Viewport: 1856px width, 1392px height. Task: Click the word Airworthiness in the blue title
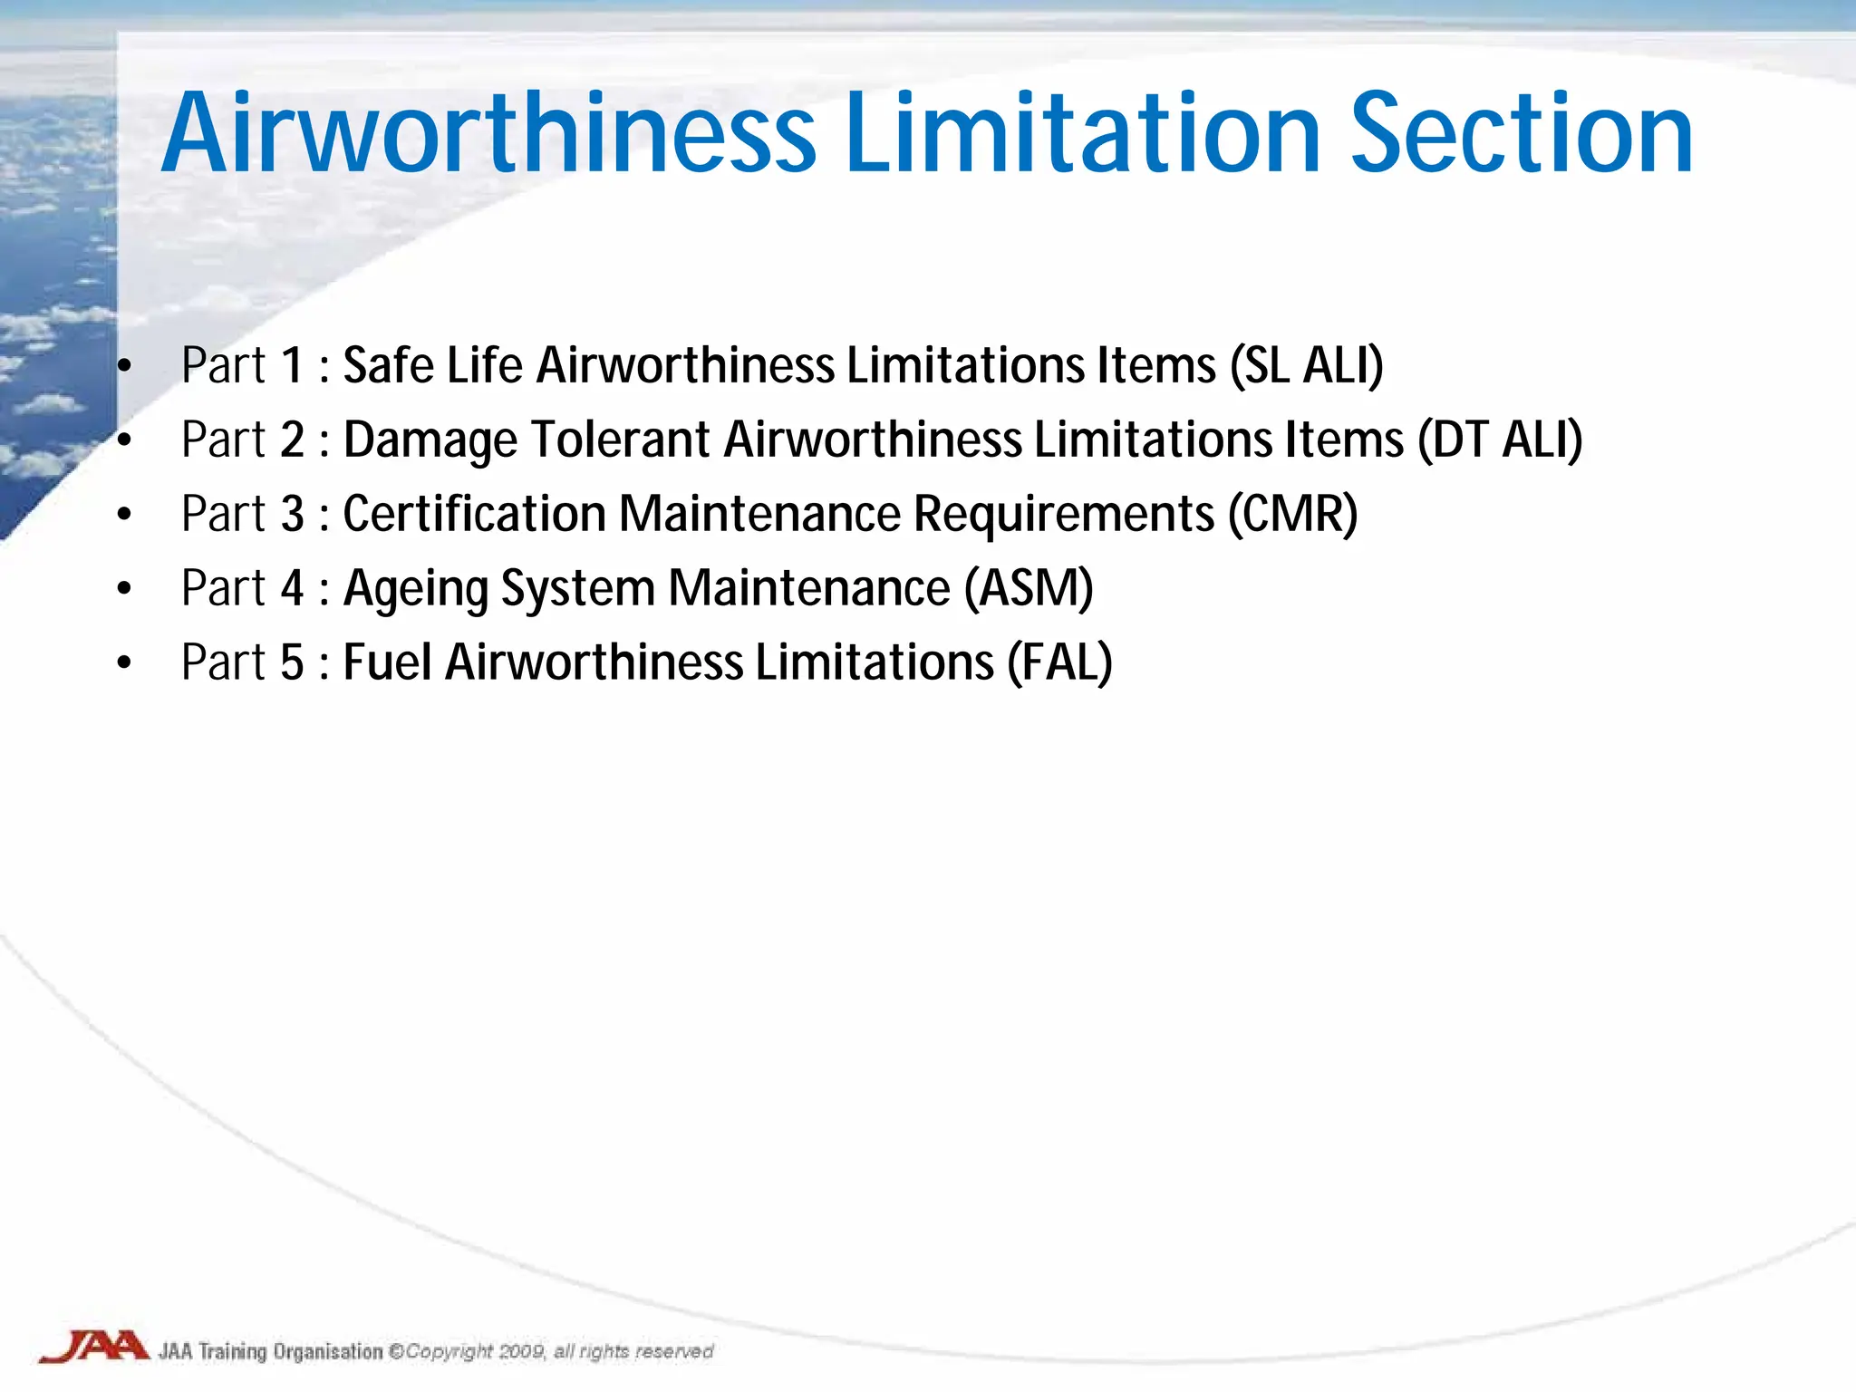pyautogui.click(x=489, y=134)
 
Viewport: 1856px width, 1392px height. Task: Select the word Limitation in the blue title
pyautogui.click(x=1083, y=134)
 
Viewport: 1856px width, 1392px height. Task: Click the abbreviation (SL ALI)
pyautogui.click(x=1306, y=366)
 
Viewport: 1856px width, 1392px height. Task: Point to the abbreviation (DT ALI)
pyautogui.click(x=1500, y=440)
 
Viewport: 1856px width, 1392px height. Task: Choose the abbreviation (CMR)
pyautogui.click(x=1293, y=515)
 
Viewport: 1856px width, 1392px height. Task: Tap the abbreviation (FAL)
pyautogui.click(x=1059, y=662)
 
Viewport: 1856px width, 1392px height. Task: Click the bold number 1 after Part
pyautogui.click(x=292, y=366)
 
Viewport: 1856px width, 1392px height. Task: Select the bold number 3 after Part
pyautogui.click(x=292, y=515)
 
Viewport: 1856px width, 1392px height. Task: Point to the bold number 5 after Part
pyautogui.click(x=292, y=662)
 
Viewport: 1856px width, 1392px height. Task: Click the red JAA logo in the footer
pyautogui.click(x=94, y=1347)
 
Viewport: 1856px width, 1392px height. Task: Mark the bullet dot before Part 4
pyautogui.click(x=124, y=590)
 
